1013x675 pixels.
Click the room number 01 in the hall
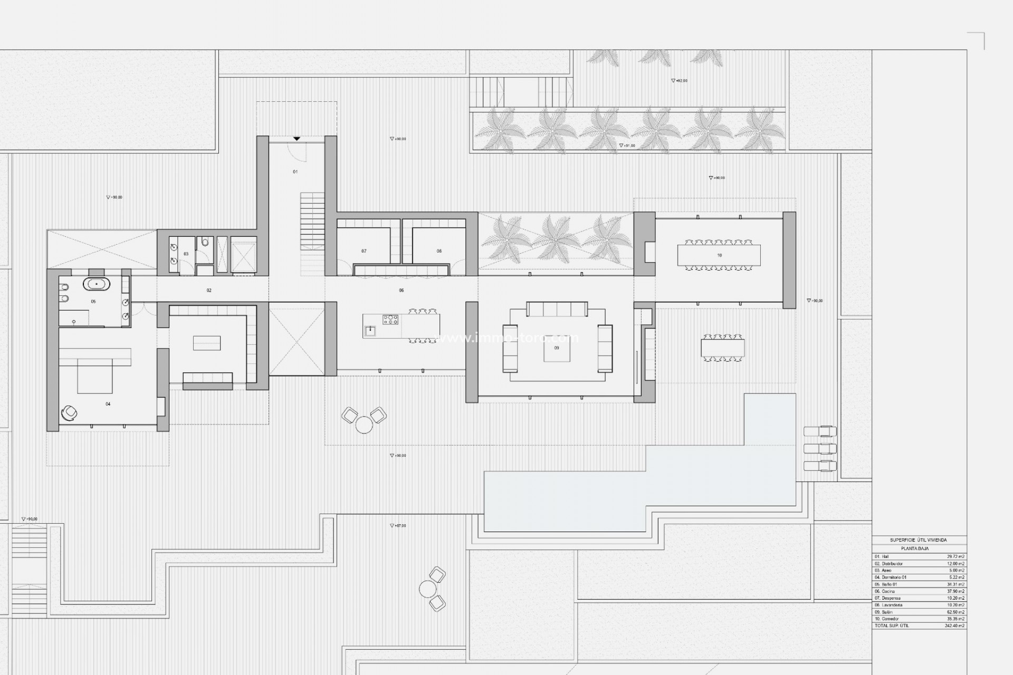[295, 172]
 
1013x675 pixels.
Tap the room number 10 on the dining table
[719, 255]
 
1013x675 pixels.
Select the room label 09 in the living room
[557, 348]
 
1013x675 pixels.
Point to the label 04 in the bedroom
[108, 404]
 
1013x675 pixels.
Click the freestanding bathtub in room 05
[97, 284]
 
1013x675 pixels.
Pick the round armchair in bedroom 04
[69, 413]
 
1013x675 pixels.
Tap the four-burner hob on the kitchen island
[390, 319]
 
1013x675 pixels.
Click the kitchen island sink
[370, 330]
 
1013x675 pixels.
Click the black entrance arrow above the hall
[297, 139]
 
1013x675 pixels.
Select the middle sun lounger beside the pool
[820, 449]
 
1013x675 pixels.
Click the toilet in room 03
[205, 243]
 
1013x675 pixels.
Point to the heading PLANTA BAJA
[915, 548]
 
